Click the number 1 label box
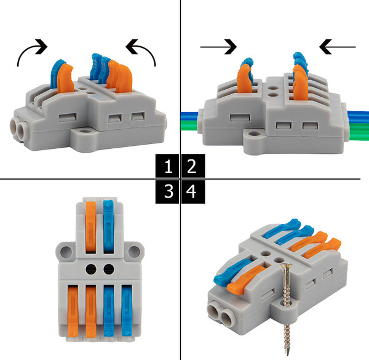[167, 166]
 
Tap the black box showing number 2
[193, 166]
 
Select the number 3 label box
[167, 191]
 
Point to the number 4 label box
[193, 191]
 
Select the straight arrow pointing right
[218, 47]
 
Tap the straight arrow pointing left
[337, 47]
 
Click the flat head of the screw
[287, 265]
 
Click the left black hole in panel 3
[91, 269]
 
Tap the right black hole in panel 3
[109, 269]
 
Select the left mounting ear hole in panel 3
[66, 252]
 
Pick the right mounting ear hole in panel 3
[134, 252]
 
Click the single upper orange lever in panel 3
[90, 227]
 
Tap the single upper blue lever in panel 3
[108, 226]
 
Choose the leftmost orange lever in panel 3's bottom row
[73, 311]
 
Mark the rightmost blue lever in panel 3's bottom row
[127, 310]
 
